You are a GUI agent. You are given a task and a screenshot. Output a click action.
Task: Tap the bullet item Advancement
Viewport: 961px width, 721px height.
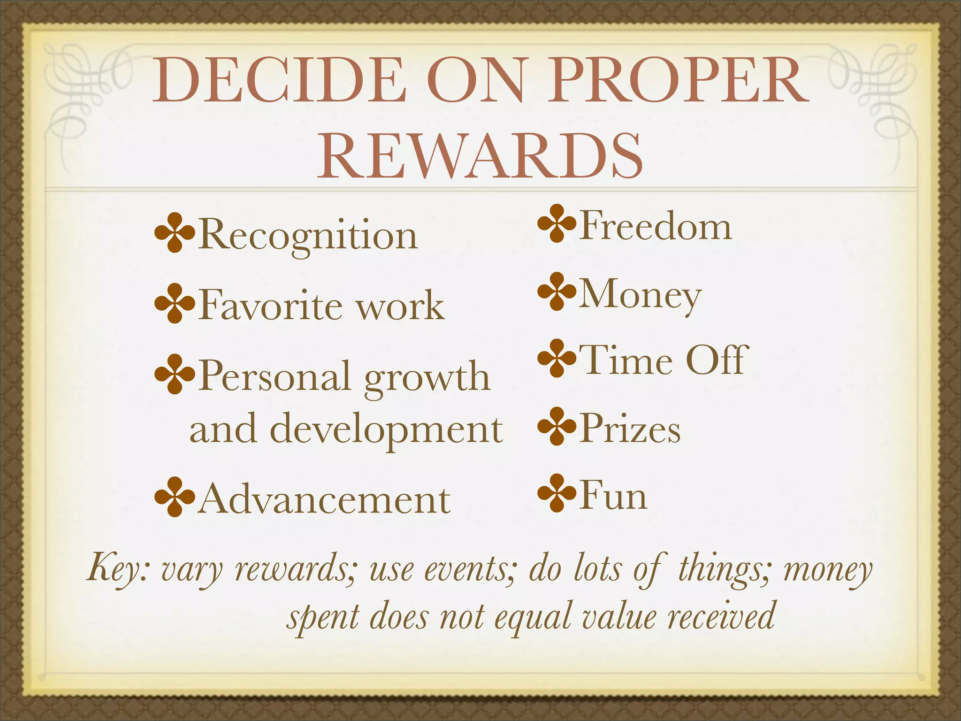324,499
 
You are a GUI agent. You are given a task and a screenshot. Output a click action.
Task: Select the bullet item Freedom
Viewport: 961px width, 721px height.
655,226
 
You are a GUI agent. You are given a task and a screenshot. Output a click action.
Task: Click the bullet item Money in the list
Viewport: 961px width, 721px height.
640,295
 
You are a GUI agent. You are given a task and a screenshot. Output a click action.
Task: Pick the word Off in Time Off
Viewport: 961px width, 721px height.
715,360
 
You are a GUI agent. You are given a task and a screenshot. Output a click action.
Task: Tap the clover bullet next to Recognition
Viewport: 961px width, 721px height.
174,233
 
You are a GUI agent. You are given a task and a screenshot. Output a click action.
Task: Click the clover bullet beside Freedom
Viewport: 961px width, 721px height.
557,223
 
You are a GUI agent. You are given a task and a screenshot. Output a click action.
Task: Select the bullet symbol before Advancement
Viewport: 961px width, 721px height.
174,497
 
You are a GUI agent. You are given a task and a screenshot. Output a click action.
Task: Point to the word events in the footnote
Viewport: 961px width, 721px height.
469,568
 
